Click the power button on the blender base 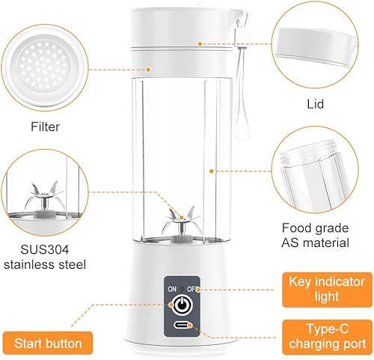coord(183,305)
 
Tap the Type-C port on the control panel coord(183,326)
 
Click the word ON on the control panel coord(172,289)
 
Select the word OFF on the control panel coord(192,289)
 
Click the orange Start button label coord(48,344)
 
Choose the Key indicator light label coord(327,290)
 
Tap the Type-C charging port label coord(328,337)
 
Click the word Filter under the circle coord(45,126)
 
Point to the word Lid coord(316,104)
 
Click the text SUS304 coord(44,249)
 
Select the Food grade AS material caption coord(315,235)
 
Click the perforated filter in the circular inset coord(44,67)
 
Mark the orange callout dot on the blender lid coord(200,44)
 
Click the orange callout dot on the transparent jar coord(212,171)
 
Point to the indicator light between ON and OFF coord(182,289)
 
